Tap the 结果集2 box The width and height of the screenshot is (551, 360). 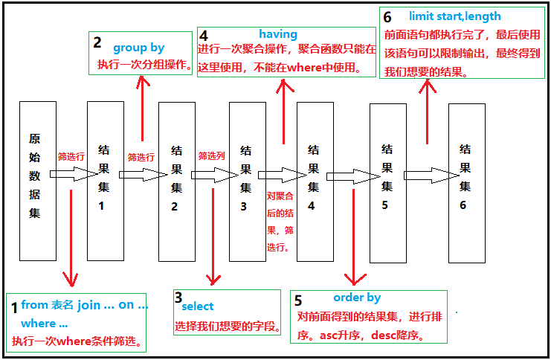pyautogui.click(x=176, y=181)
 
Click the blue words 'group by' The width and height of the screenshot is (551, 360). pyautogui.click(x=139, y=48)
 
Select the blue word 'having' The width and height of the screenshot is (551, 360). pyautogui.click(x=278, y=34)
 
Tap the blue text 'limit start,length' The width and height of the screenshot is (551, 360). pyautogui.click(x=454, y=16)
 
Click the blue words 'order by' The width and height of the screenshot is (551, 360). pyautogui.click(x=357, y=298)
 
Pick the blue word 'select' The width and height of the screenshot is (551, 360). pyautogui.click(x=197, y=306)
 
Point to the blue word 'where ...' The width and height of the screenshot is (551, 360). pyautogui.click(x=44, y=323)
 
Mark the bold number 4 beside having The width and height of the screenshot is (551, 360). pyautogui.click(x=204, y=35)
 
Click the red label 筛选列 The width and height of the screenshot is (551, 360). pyautogui.click(x=211, y=157)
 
